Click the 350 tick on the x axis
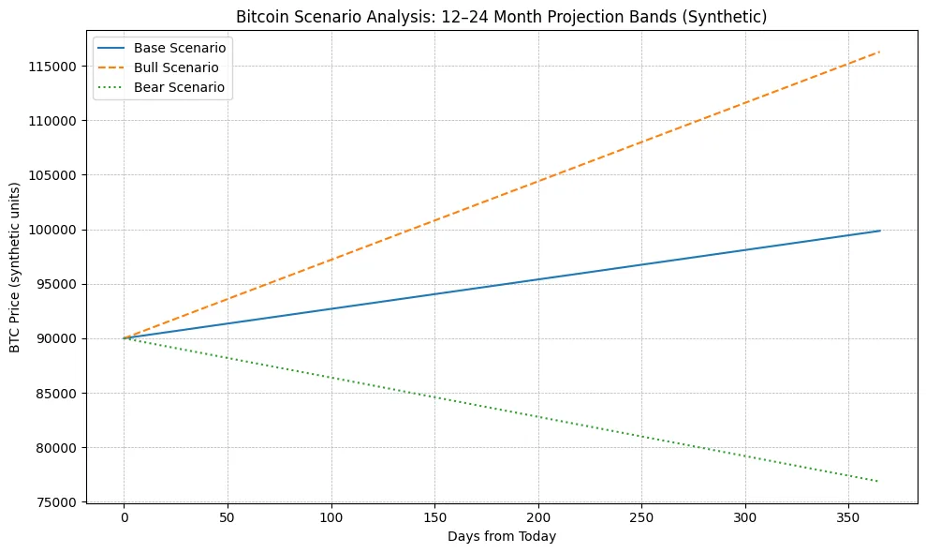848,517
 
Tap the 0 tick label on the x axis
124,517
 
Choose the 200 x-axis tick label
537,517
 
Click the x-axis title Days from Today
502,536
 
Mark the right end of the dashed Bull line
880,52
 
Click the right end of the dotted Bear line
880,482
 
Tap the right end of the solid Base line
880,231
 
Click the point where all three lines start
124,338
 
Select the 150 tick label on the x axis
434,517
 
